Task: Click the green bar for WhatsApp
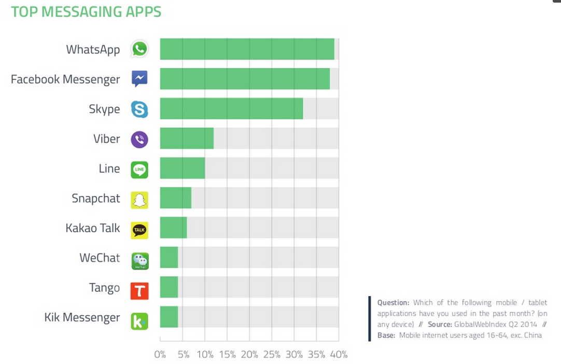click(x=247, y=49)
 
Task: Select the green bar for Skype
click(x=231, y=109)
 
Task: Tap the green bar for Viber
click(x=187, y=138)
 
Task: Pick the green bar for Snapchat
click(x=176, y=198)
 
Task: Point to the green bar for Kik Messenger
click(x=169, y=317)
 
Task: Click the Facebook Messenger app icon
click(x=139, y=79)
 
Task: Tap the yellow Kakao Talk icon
click(x=139, y=230)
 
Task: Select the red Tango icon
click(x=139, y=290)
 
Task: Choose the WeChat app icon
click(x=139, y=260)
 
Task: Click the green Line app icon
click(x=139, y=170)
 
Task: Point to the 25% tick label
click(x=272, y=355)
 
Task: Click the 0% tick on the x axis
click(x=160, y=355)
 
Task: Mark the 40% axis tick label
click(x=339, y=355)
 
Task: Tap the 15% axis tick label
click(x=227, y=355)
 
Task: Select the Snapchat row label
click(x=96, y=199)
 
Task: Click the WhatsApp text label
click(x=93, y=50)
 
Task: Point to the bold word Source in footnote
click(x=440, y=325)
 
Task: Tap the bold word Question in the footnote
click(x=393, y=303)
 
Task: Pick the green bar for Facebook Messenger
click(x=245, y=79)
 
